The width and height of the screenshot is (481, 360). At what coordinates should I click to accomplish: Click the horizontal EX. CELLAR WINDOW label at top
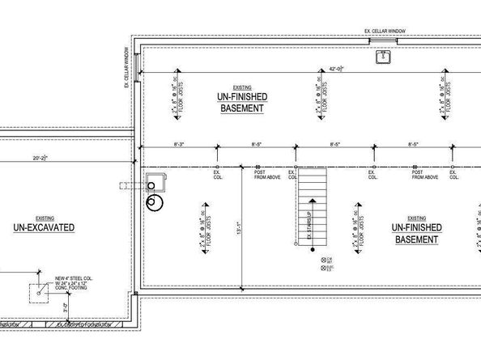385,32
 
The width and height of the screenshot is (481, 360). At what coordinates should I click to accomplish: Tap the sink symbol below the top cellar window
381,57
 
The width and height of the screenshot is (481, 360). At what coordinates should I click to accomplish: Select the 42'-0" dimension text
336,70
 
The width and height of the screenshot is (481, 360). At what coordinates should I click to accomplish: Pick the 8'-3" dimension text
180,144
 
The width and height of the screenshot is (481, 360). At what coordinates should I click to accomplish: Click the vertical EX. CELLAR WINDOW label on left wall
127,66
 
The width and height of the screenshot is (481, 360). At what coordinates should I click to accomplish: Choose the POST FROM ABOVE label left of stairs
267,174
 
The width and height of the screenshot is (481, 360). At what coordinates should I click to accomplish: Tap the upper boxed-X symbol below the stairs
323,259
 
